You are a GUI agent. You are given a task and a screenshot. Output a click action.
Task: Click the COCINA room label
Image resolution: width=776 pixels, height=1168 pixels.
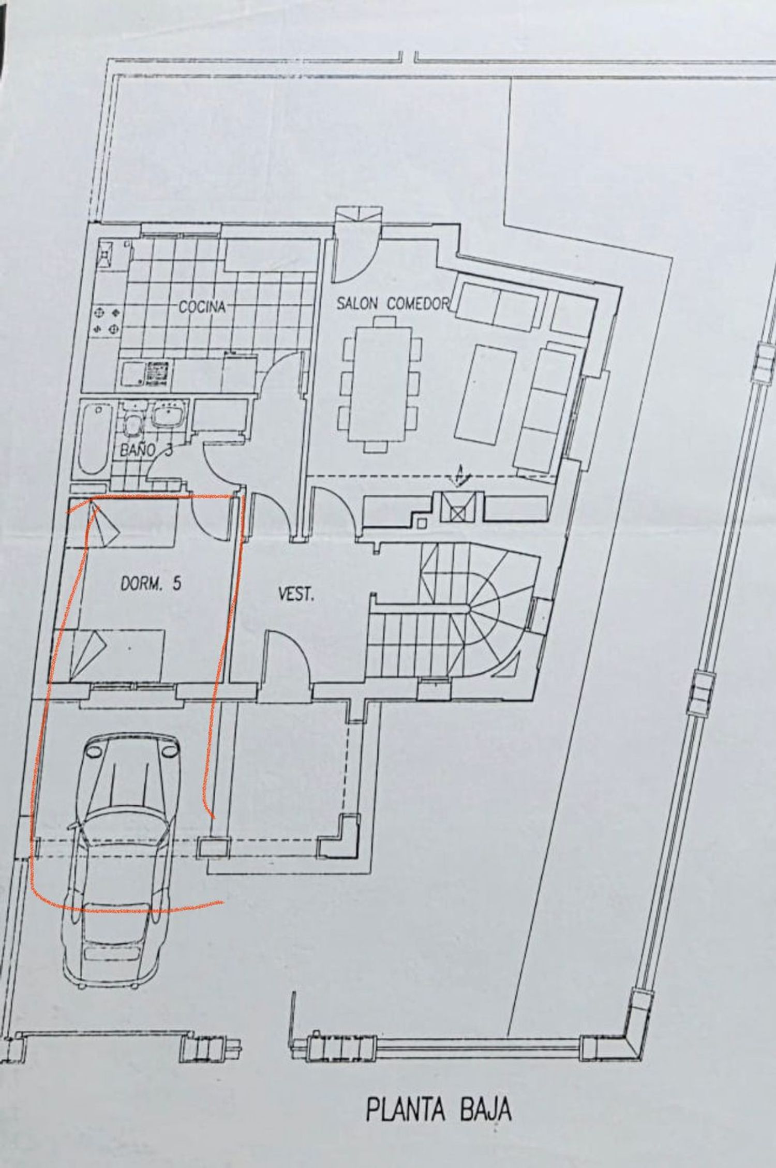point(202,306)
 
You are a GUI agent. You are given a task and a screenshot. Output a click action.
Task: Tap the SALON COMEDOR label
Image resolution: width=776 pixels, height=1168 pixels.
point(393,303)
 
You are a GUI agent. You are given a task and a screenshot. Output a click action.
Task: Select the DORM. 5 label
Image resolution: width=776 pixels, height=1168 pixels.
point(151,584)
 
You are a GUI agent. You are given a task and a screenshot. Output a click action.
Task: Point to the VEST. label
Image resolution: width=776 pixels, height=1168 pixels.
point(296,595)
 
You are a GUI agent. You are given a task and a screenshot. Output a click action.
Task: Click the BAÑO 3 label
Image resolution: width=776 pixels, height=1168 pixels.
point(146,450)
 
